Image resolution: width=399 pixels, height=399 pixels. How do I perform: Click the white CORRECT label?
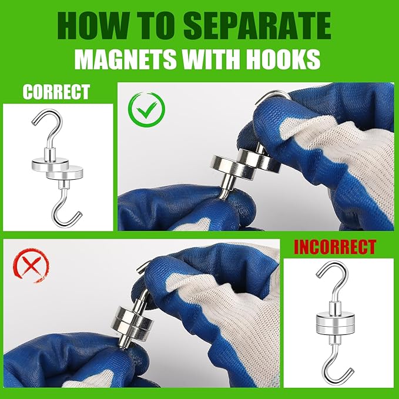[56, 92]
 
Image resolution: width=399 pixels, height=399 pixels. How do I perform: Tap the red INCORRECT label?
[335, 247]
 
